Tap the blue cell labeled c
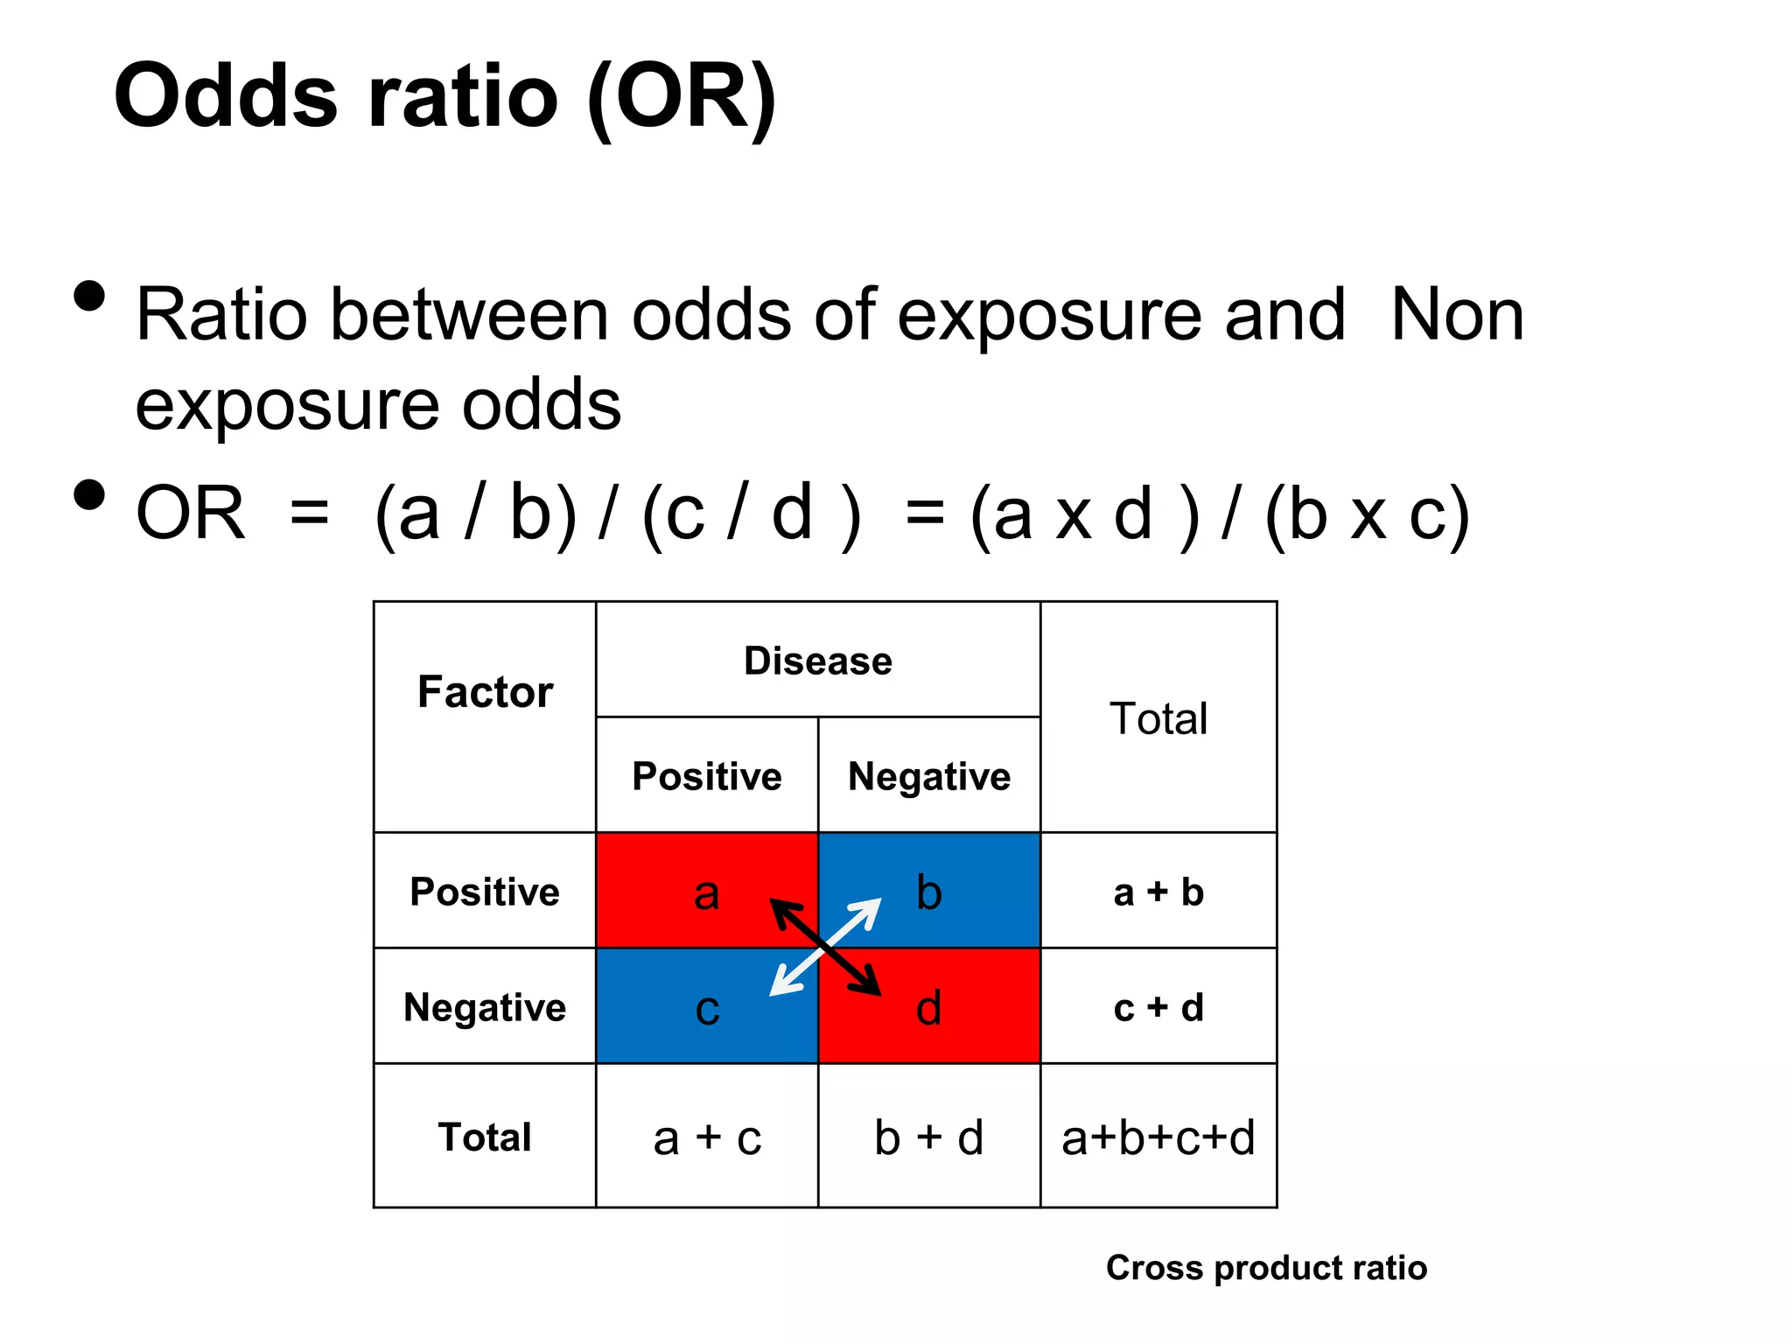[682, 1015]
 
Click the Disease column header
[817, 661]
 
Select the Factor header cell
[485, 691]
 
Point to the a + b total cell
[1158, 892]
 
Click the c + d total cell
[1158, 1007]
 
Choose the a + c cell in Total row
[707, 1137]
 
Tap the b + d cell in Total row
[928, 1137]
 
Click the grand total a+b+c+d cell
[1158, 1137]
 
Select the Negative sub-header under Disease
[928, 776]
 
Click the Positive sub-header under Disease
[707, 776]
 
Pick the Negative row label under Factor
[485, 1007]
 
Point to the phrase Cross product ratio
[1266, 1267]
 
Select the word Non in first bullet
[1457, 315]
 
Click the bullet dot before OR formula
[89, 494]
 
